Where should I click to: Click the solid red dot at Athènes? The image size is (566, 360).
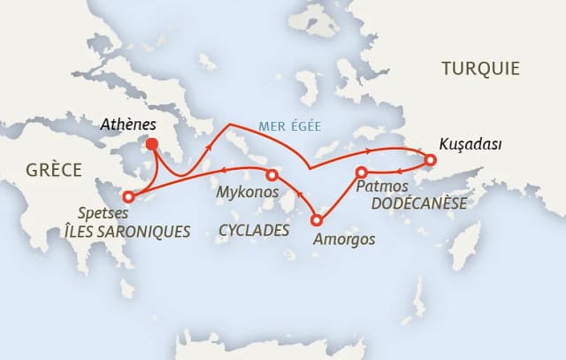(151, 144)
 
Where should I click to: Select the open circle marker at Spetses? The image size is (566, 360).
(129, 196)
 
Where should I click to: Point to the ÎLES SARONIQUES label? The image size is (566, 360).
(126, 232)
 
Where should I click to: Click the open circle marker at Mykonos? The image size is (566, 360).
(272, 175)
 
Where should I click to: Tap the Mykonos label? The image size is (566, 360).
(248, 192)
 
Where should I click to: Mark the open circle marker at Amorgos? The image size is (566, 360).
(317, 220)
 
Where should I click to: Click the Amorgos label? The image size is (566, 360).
(345, 239)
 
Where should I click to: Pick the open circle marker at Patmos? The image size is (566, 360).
(362, 172)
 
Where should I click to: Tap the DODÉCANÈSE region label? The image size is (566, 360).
(418, 204)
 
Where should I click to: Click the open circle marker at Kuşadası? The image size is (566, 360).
(431, 160)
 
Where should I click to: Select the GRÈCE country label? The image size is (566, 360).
(53, 169)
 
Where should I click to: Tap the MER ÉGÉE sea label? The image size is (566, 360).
(289, 126)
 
